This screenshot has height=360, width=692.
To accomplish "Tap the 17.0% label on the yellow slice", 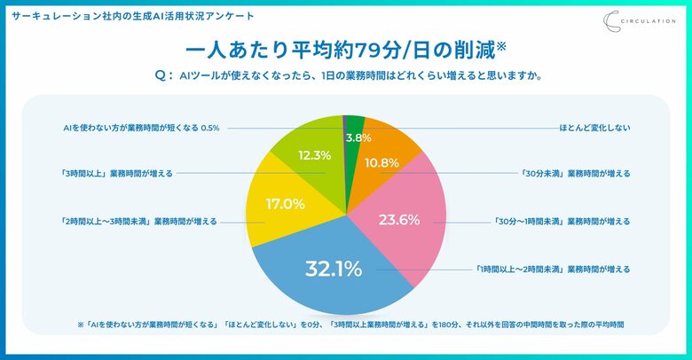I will click(286, 203).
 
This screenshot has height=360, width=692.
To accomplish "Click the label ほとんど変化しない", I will click(595, 128).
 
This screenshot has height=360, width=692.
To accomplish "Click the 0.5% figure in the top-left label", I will click(210, 128).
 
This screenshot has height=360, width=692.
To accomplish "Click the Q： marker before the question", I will click(163, 76).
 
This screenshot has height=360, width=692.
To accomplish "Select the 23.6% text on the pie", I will click(399, 221).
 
